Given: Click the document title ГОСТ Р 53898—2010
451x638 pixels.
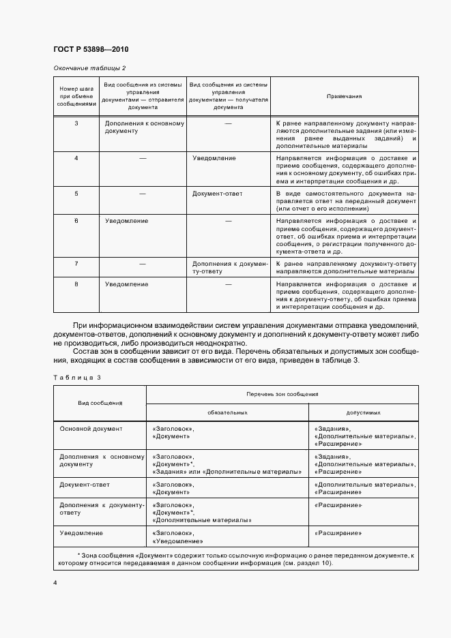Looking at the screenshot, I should (x=90, y=50).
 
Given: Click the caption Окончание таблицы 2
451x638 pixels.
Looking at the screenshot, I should (x=89, y=67).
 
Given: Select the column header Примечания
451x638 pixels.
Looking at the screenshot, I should (x=344, y=97).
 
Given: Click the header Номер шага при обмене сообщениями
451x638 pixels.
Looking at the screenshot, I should (x=76, y=97).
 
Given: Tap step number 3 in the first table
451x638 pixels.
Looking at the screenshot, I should (x=76, y=123).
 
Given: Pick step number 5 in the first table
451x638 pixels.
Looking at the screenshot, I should (x=76, y=194).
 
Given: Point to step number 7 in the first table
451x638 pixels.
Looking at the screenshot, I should (x=76, y=262).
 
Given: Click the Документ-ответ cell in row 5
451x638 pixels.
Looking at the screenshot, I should (x=217, y=194).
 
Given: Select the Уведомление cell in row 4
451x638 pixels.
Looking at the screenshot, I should (x=214, y=158).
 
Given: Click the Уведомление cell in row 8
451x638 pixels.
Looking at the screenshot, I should (x=127, y=283).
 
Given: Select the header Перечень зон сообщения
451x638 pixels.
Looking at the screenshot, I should (x=282, y=395).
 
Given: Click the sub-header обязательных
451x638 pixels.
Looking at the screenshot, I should (x=227, y=412).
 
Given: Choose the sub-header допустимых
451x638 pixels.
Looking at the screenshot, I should (x=363, y=412).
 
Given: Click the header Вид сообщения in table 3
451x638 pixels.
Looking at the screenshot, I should (x=100, y=404).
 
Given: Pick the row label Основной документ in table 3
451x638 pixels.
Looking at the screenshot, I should (x=91, y=429).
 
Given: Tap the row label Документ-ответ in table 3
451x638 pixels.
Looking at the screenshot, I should (x=85, y=485).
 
